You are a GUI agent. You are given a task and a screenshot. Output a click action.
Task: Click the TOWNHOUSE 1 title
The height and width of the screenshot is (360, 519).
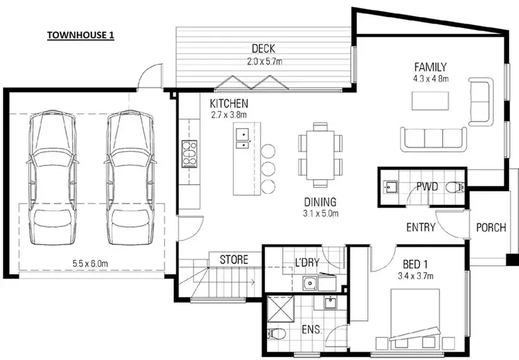tap(80, 35)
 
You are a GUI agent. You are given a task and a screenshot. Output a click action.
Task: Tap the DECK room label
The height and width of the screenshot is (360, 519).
tap(264, 48)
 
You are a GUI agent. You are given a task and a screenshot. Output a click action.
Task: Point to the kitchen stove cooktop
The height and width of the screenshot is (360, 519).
tap(190, 153)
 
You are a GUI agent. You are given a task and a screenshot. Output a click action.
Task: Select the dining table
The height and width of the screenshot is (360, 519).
tap(320, 155)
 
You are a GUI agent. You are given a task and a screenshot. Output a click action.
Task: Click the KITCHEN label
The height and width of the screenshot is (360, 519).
tap(228, 103)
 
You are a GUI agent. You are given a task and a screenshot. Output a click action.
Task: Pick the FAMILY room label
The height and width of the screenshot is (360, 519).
tap(430, 67)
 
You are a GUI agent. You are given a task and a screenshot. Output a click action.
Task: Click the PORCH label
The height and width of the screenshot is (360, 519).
tap(491, 227)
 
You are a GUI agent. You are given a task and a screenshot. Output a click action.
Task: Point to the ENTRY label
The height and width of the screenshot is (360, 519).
tap(421, 227)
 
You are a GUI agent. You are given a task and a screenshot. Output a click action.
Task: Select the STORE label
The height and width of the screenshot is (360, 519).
tap(234, 260)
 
